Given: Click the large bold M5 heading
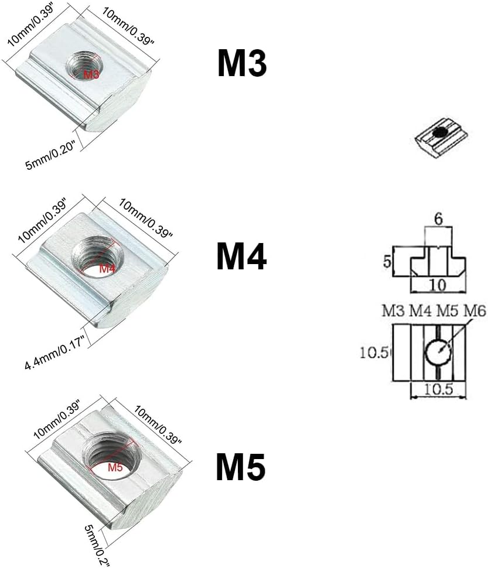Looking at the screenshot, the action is (241, 467).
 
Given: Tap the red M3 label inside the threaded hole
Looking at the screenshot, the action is (91, 74).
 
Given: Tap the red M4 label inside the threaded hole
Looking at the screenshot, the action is (107, 268).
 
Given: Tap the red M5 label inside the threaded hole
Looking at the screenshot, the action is (115, 467).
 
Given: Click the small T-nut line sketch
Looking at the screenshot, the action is (441, 136).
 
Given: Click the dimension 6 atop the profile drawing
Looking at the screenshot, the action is (438, 219).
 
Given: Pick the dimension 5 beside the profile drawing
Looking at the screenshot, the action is (387, 261).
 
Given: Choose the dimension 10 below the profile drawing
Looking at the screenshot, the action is (437, 285).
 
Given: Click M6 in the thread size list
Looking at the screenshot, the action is (475, 311).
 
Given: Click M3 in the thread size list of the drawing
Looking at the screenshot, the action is (393, 311).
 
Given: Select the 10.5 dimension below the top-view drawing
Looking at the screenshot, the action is (438, 389).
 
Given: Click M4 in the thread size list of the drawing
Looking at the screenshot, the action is (420, 311).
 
